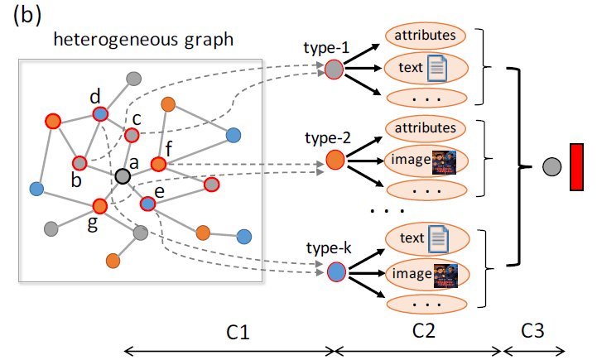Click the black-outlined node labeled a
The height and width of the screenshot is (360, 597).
[123, 175]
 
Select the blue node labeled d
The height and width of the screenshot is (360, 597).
[99, 114]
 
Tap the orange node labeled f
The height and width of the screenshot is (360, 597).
[159, 166]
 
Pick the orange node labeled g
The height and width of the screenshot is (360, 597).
[99, 205]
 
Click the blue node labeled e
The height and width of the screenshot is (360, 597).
[147, 202]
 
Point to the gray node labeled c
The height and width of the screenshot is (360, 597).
[131, 134]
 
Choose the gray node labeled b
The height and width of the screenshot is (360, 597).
[80, 162]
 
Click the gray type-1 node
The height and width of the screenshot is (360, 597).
[335, 69]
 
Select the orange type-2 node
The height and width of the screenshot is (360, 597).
[335, 159]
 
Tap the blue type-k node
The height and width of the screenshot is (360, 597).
[335, 270]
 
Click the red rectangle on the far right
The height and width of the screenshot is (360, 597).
[576, 166]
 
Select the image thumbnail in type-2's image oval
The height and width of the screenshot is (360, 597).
[444, 160]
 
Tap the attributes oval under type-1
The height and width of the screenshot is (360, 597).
[426, 36]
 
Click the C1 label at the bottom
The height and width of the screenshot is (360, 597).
[238, 331]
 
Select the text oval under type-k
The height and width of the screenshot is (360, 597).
[426, 240]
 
